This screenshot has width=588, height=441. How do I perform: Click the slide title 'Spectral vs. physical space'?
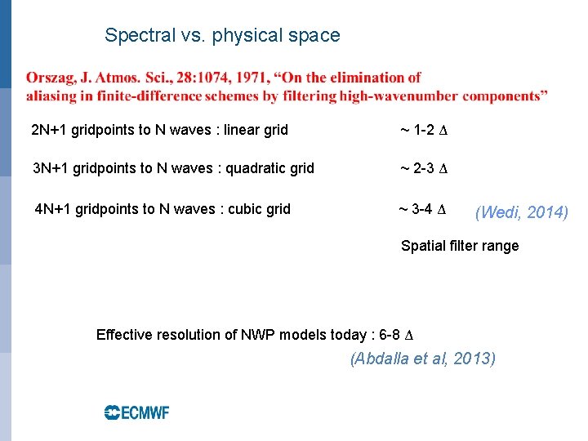[x=222, y=36]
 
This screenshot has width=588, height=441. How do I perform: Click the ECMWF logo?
[x=136, y=412]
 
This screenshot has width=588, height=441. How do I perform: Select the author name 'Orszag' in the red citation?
[x=51, y=78]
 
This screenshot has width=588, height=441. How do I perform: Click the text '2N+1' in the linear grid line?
[x=48, y=130]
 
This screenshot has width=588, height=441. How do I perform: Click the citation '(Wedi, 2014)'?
[x=521, y=213]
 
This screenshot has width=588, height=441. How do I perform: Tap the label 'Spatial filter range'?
[x=460, y=246]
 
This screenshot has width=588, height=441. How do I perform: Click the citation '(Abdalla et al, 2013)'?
[x=423, y=359]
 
